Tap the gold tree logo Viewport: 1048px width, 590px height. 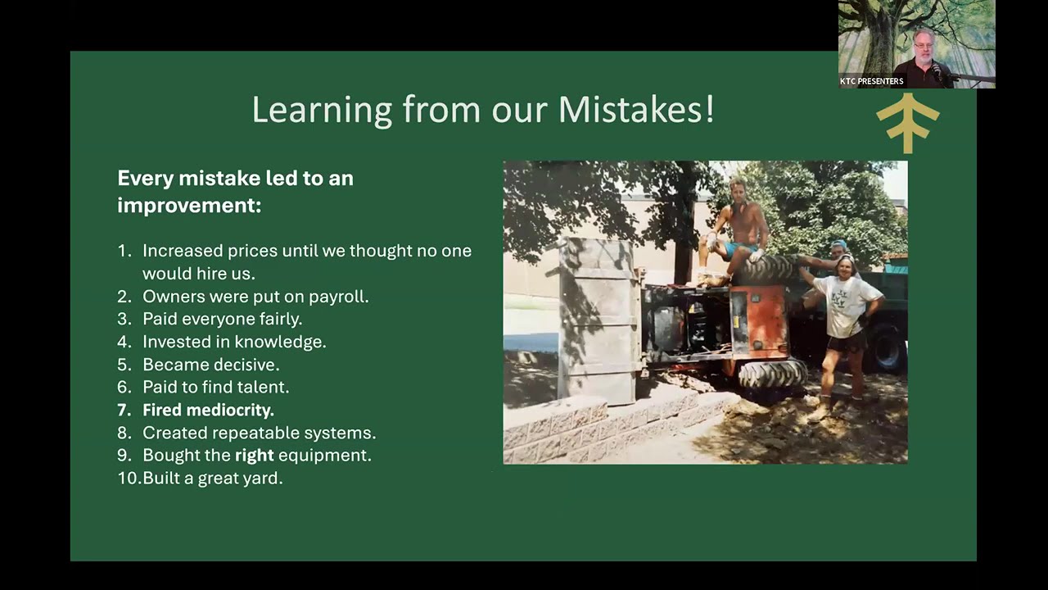point(908,123)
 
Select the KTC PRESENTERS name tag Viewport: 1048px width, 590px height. point(871,81)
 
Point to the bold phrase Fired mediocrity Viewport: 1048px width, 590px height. point(208,411)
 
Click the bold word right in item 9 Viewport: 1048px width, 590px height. point(254,456)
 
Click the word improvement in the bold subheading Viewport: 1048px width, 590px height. point(189,206)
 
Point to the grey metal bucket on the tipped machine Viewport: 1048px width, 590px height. point(599,320)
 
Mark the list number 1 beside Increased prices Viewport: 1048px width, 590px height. point(124,251)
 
